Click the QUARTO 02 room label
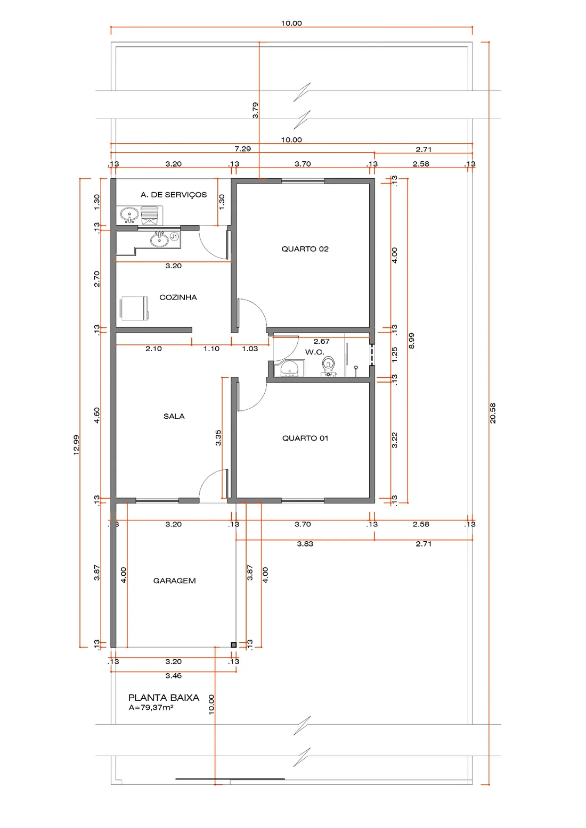pyautogui.click(x=305, y=249)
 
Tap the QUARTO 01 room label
pyautogui.click(x=305, y=438)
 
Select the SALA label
pyautogui.click(x=174, y=416)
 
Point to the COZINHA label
pyautogui.click(x=178, y=297)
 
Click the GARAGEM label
pyautogui.click(x=174, y=581)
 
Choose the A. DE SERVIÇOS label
pyautogui.click(x=174, y=194)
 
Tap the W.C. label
pyautogui.click(x=314, y=352)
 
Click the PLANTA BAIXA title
pyautogui.click(x=164, y=698)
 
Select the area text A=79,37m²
pyautogui.click(x=151, y=708)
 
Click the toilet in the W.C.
pyautogui.click(x=328, y=366)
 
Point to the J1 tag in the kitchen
pyautogui.click(x=174, y=236)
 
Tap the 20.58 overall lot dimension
pyautogui.click(x=493, y=413)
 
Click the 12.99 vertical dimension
pyautogui.click(x=76, y=445)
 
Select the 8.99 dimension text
pyautogui.click(x=411, y=341)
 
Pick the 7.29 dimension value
pyautogui.click(x=243, y=149)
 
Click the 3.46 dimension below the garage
pyautogui.click(x=173, y=676)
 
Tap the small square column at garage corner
pyautogui.click(x=233, y=644)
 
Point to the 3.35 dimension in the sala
pyautogui.click(x=218, y=437)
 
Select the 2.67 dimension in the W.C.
pyautogui.click(x=321, y=341)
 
